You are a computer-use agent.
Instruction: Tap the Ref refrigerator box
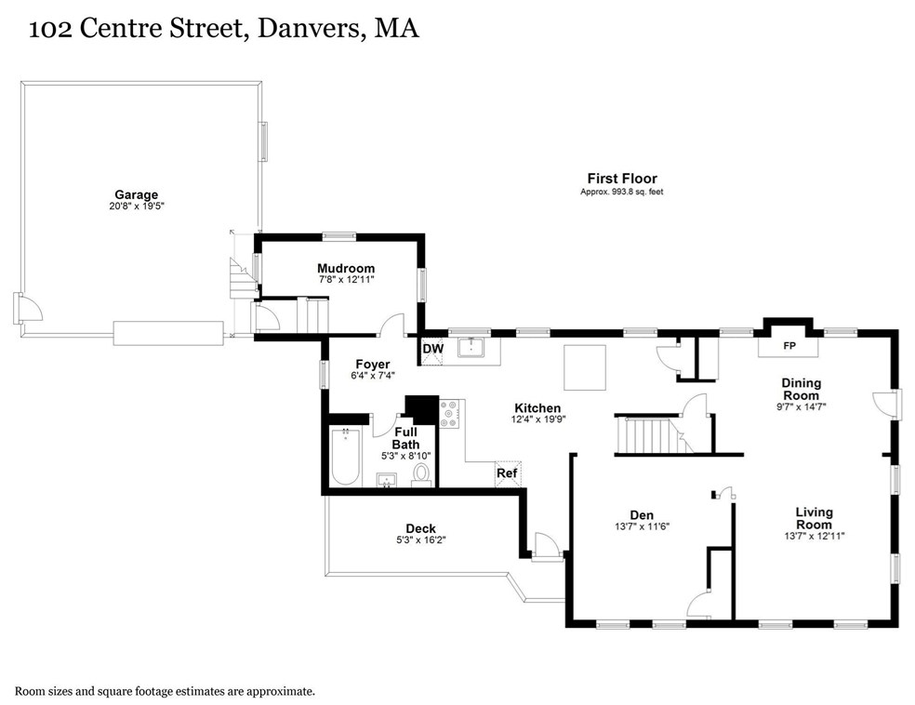(508, 474)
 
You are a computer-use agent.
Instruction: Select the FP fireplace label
(789, 346)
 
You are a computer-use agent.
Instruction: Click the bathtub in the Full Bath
(346, 457)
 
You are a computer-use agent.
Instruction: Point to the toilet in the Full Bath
(422, 475)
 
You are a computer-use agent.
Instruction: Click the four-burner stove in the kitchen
(450, 414)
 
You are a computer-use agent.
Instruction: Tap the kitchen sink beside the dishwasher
(471, 348)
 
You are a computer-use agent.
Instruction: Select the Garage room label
(136, 195)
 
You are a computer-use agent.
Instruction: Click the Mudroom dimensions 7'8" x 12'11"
(346, 280)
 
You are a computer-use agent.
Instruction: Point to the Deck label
(420, 528)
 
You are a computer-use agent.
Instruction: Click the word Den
(642, 514)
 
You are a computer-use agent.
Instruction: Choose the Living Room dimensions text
(815, 536)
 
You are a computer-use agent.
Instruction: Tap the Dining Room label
(802, 390)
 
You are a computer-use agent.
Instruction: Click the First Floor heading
(622, 178)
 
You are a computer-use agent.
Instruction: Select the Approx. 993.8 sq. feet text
(621, 192)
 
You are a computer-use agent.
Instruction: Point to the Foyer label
(373, 365)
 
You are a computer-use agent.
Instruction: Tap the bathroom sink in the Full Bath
(386, 480)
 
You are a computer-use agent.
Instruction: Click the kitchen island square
(585, 367)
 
